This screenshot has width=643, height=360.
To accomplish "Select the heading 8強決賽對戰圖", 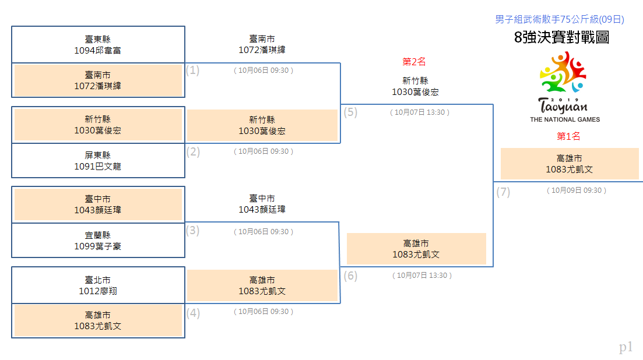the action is (561, 37).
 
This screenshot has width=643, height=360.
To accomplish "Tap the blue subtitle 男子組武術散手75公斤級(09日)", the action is (559, 19).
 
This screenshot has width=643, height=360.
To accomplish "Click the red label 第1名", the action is (568, 136).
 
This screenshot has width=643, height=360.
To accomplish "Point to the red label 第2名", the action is (414, 62).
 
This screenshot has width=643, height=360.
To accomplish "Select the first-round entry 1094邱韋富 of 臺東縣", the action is (97, 50).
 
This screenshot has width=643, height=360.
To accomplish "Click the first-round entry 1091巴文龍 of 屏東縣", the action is (97, 166).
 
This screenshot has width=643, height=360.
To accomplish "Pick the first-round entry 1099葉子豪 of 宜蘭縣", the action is (97, 246).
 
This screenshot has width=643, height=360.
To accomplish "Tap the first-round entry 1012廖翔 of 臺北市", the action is (97, 291).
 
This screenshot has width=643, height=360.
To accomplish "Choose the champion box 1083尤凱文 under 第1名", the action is (570, 164).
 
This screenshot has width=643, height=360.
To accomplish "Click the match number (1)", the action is (193, 70).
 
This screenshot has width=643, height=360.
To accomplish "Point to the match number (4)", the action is (193, 313).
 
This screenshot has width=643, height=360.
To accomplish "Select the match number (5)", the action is (350, 112).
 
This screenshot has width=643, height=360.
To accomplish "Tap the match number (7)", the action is (503, 192).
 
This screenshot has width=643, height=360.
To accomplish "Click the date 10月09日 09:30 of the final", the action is (576, 190).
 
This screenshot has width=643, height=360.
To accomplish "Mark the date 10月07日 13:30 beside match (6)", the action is (422, 276).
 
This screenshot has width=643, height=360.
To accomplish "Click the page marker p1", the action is (626, 347).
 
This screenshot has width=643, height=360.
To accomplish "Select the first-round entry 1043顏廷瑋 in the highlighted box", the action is (97, 210).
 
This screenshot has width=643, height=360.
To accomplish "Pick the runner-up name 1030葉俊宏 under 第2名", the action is (415, 91).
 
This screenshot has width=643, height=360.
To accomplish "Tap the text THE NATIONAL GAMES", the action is (565, 119).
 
